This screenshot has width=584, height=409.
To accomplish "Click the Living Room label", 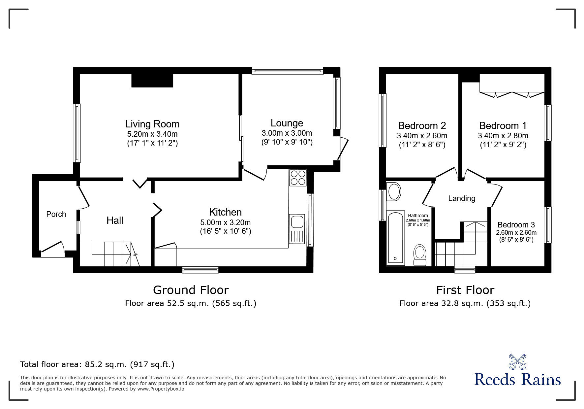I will pos(152,124).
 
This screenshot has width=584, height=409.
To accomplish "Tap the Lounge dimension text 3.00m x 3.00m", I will pos(287,133).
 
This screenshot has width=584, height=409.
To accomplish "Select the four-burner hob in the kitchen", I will pos(298,178).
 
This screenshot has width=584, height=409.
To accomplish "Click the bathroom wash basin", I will pos(394,191).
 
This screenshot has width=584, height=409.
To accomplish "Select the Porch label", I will pos(56,214).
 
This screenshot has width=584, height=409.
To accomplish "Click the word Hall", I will pos(115,221).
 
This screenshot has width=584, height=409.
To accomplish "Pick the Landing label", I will pos(461,198).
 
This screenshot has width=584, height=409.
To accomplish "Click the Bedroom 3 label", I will pos(516,225).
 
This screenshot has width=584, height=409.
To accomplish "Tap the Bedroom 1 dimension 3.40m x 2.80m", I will pos(503,136).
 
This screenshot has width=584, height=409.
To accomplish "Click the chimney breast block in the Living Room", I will pos(152,80).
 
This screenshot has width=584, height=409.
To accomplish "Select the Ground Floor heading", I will pos(191,290).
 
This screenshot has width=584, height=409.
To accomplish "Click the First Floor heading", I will pos(465,290).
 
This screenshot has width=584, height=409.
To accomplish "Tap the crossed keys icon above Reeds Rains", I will pos(517,361).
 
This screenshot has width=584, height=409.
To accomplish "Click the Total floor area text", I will pos(97,364).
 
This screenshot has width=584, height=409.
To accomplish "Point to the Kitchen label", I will pos(225,212).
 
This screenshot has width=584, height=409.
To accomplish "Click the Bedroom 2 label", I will pos(422,126).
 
